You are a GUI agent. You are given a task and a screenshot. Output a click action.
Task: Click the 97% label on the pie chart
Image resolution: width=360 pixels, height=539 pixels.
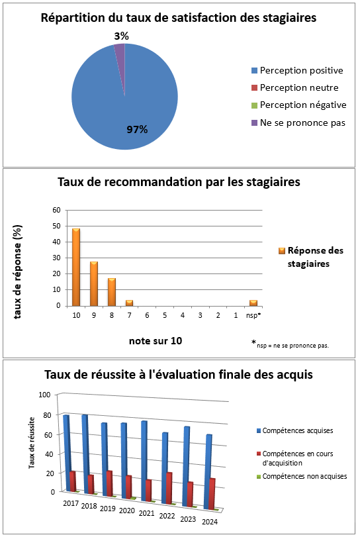click(137, 129)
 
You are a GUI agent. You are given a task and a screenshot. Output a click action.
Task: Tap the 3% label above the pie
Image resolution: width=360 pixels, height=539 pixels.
click(121, 36)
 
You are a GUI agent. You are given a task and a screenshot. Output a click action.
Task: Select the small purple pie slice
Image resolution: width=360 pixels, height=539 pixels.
click(120, 58)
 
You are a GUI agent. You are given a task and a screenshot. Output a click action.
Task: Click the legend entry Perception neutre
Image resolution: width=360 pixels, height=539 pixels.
click(295, 87)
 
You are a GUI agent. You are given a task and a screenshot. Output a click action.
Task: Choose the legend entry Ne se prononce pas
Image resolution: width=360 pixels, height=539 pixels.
click(298, 122)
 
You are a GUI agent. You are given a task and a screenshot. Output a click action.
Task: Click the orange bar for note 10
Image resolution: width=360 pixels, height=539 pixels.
click(76, 267)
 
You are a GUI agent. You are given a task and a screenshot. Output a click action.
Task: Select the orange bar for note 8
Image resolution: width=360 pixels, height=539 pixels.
click(112, 292)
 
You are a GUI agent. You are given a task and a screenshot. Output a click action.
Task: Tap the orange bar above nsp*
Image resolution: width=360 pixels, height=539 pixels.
click(253, 303)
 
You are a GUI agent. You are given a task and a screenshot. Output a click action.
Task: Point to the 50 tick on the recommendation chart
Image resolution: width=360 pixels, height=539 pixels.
click(56, 226)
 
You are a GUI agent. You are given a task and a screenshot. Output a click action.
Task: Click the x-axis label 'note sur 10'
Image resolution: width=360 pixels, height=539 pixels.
click(156, 340)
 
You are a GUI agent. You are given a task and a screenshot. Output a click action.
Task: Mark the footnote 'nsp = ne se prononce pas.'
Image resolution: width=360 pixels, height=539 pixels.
click(292, 346)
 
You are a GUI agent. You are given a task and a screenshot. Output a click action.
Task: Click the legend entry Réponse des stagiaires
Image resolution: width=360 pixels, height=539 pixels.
click(311, 257)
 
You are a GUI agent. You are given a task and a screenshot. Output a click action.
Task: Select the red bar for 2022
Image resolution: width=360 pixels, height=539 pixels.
click(169, 488)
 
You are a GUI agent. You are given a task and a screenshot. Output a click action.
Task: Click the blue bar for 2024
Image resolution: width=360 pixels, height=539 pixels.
click(209, 471)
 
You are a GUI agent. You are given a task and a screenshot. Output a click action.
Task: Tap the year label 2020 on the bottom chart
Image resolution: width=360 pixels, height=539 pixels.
click(127, 511)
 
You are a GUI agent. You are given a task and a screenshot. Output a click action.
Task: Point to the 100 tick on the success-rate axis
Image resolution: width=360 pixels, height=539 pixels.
click(44, 395)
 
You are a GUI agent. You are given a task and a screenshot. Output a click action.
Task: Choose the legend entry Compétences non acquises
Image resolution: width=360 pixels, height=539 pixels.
click(302, 476)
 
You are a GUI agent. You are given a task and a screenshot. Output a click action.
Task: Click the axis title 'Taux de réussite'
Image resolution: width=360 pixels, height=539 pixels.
click(32, 443)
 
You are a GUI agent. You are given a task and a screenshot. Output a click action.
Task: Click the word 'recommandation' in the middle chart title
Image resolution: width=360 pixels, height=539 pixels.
click(154, 181)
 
